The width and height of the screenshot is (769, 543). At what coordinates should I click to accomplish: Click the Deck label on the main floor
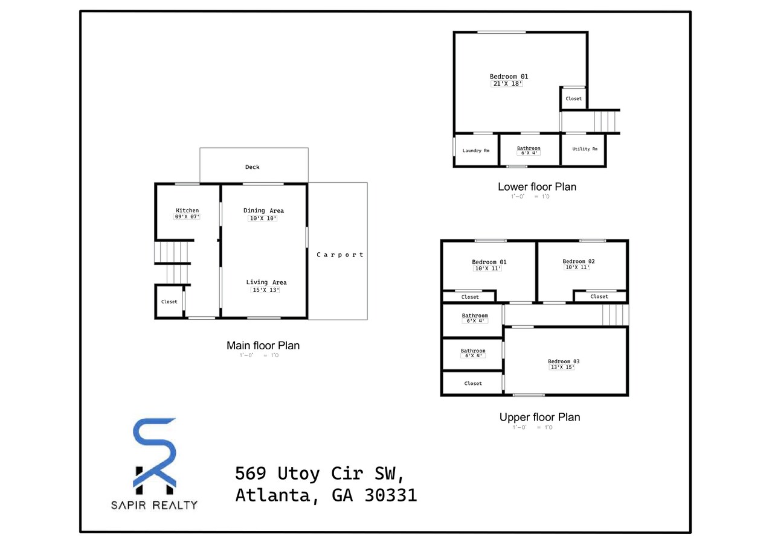click(x=253, y=167)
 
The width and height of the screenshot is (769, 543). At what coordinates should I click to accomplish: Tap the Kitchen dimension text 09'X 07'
click(x=187, y=217)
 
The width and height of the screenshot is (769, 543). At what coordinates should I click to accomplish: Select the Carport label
click(x=340, y=255)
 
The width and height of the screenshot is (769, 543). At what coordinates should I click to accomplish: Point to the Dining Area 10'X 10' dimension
click(x=263, y=218)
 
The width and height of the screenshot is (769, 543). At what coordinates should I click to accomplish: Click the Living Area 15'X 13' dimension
click(x=266, y=290)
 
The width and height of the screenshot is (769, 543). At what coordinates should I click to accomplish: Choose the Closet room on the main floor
click(x=169, y=302)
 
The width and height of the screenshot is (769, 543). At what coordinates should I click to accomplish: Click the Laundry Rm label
click(x=476, y=150)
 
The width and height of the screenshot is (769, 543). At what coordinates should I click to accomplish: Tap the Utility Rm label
click(x=584, y=149)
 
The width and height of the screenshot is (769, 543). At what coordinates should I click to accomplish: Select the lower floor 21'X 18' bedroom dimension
click(x=507, y=84)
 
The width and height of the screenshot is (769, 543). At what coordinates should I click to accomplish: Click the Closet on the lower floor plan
click(x=573, y=98)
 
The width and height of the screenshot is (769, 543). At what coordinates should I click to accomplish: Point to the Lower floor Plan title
click(x=536, y=187)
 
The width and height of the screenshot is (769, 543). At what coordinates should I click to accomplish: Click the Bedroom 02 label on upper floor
click(x=579, y=261)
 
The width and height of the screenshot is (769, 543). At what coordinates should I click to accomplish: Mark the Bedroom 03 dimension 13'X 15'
click(x=562, y=367)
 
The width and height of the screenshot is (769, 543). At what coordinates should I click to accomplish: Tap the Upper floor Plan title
click(x=539, y=417)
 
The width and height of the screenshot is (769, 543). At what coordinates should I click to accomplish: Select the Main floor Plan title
click(x=263, y=346)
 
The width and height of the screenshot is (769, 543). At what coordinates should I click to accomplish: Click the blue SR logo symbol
click(x=155, y=453)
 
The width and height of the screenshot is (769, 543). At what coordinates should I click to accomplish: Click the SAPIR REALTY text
click(x=154, y=505)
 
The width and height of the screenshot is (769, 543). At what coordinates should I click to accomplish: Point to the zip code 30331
click(x=391, y=495)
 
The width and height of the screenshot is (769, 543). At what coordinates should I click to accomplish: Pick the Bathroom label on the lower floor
click(x=529, y=148)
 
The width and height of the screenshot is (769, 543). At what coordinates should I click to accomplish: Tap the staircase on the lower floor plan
click(x=606, y=121)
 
